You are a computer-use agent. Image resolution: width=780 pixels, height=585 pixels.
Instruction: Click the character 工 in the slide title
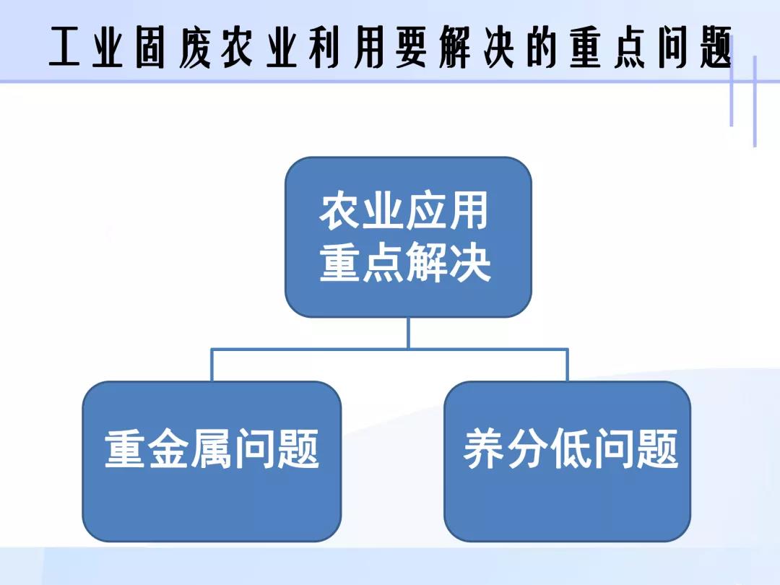65,47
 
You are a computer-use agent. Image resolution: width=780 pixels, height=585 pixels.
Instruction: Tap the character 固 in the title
149,47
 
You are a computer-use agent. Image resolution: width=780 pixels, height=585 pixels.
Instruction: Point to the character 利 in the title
324,47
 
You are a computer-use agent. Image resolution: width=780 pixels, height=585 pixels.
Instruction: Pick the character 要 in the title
411,47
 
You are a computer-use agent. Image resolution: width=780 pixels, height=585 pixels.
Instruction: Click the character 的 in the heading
541,47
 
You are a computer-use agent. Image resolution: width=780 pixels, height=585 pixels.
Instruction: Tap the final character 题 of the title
715,47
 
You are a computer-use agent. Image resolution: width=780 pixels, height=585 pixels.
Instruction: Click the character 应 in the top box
425,211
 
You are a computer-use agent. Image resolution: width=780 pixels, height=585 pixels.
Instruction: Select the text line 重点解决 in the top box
405,263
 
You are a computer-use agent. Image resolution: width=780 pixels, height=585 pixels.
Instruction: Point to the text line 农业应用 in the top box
404,211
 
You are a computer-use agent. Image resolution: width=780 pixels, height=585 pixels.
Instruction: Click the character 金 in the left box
168,448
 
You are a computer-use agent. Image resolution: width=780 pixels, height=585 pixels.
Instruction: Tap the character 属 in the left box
211,448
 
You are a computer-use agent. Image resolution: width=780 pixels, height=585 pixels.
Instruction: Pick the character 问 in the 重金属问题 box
255,448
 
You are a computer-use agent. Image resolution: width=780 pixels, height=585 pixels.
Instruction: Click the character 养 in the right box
483,448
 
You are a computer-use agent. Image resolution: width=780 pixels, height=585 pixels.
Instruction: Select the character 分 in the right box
527,448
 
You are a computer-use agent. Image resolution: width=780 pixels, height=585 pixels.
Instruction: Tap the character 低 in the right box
570,448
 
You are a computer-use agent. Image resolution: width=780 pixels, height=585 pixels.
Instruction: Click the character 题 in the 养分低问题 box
657,448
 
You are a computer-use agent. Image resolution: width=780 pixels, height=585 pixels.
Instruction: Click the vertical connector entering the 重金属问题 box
212,365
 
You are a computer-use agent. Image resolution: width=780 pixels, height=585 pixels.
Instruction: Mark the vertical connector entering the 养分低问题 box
567,365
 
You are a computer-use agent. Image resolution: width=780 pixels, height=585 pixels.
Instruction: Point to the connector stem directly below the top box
408,333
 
